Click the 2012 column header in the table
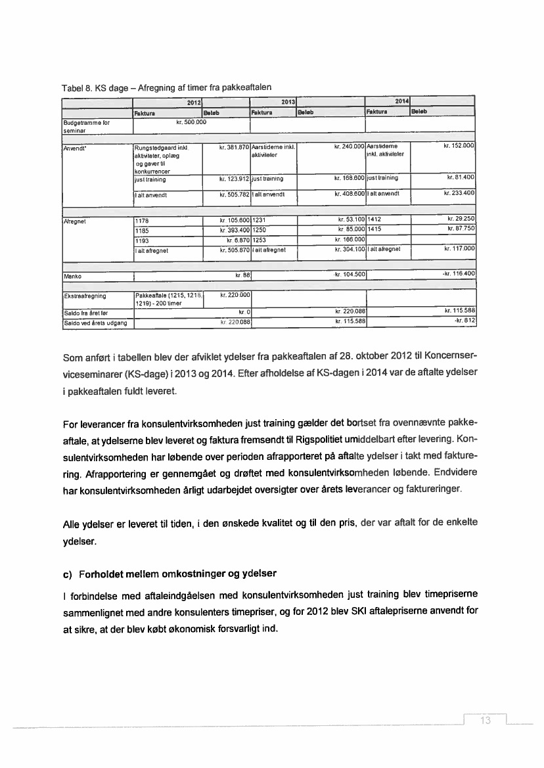tap(193, 102)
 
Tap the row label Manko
tap(72, 273)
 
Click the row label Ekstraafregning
tap(85, 296)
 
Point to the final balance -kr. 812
tap(465, 321)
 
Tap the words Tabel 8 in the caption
tap(76, 88)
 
